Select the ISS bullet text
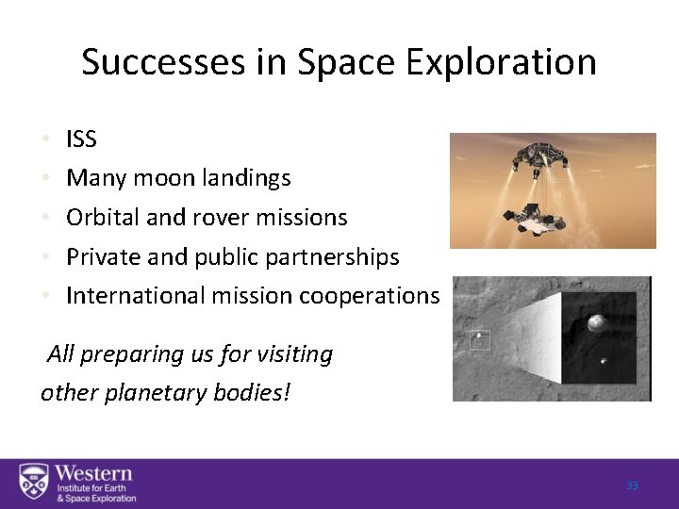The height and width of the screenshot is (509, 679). [x=80, y=140]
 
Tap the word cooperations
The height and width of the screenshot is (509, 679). [x=369, y=296]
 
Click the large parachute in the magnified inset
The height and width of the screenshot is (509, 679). [x=596, y=325]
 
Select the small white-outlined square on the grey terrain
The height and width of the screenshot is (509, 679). [x=483, y=337]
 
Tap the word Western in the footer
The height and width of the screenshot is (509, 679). [x=92, y=473]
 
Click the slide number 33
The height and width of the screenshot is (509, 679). [x=632, y=485]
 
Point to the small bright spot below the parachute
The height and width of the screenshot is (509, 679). [x=603, y=359]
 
